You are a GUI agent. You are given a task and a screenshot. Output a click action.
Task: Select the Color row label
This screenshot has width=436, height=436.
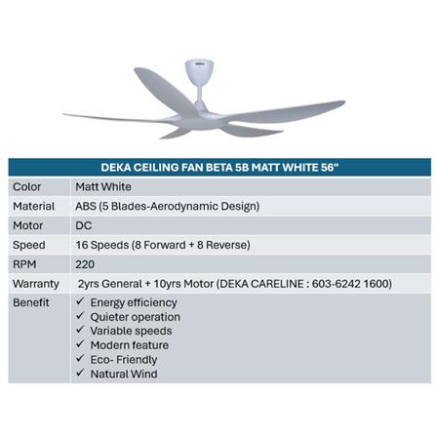click(x=26, y=186)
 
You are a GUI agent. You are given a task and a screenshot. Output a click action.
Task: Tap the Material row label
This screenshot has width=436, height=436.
click(x=33, y=206)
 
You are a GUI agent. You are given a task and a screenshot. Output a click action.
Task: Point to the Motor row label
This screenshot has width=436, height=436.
click(x=28, y=225)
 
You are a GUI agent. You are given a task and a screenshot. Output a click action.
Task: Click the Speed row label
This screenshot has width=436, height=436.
click(x=29, y=245)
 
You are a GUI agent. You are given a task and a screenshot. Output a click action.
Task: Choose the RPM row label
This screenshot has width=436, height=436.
click(x=25, y=263)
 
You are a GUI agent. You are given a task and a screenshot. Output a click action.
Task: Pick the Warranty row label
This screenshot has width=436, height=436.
click(x=36, y=283)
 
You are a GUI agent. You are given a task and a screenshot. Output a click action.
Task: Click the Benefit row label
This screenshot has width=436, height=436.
click(x=31, y=302)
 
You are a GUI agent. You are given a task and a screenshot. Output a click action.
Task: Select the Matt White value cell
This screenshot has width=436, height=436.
click(x=102, y=186)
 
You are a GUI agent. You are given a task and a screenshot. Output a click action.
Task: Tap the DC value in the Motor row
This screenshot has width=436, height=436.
click(x=84, y=225)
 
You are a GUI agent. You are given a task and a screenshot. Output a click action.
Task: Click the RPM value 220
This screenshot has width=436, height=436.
click(x=86, y=263)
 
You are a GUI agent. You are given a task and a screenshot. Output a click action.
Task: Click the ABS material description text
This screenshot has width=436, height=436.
click(x=167, y=206)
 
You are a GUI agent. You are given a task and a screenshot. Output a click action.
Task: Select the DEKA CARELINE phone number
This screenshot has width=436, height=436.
click(x=348, y=283)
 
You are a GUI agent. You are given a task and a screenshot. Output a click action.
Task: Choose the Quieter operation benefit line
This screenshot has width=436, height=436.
click(x=135, y=317)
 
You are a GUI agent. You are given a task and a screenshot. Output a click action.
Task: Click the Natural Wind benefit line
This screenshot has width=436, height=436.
click(x=123, y=374)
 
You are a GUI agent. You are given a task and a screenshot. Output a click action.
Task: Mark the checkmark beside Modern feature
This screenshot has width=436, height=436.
click(x=81, y=345)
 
